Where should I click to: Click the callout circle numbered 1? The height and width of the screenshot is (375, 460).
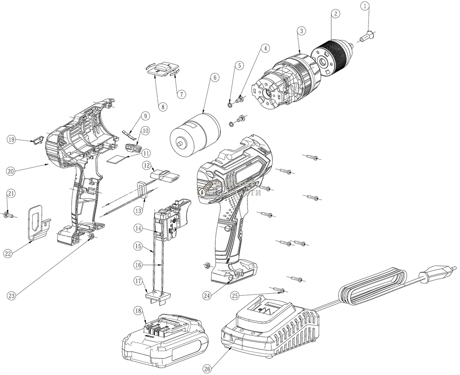pos(365,6)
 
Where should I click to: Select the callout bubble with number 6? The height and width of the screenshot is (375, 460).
pos(214,78)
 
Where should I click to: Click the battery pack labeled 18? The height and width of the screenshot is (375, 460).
pos(166,335)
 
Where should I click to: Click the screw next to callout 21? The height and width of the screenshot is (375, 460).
pos(9,213)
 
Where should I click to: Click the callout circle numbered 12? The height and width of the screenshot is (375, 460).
pos(146,164)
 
